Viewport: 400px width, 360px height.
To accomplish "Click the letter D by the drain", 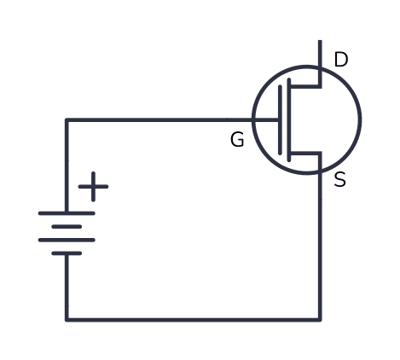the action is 341,60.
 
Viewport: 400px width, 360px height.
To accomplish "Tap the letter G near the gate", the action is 237,140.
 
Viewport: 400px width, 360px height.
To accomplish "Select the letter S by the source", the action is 340,179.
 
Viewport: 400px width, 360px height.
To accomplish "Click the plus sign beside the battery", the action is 93,187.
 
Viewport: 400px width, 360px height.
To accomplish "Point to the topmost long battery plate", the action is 67,213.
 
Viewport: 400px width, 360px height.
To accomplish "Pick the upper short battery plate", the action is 67,227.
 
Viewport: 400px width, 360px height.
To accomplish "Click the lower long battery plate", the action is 67,240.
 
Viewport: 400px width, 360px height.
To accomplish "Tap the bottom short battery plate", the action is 67,253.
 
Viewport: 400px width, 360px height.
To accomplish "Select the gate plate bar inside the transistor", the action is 280,120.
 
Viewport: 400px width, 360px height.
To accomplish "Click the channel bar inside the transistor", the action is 289,120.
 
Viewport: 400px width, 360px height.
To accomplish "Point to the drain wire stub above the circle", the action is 320,53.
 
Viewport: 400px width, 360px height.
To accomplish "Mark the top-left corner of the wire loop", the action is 67,120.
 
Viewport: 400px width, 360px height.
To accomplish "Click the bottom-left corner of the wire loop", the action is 67,320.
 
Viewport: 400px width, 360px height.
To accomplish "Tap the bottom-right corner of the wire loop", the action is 320,320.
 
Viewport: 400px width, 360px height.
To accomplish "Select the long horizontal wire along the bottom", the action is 194,320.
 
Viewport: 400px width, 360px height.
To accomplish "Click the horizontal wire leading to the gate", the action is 172,120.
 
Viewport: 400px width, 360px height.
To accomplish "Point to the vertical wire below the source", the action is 320,246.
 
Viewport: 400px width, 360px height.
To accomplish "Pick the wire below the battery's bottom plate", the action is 67,287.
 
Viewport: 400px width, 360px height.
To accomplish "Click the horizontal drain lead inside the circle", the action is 304,86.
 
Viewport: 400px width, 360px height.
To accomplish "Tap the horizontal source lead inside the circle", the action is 304,154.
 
